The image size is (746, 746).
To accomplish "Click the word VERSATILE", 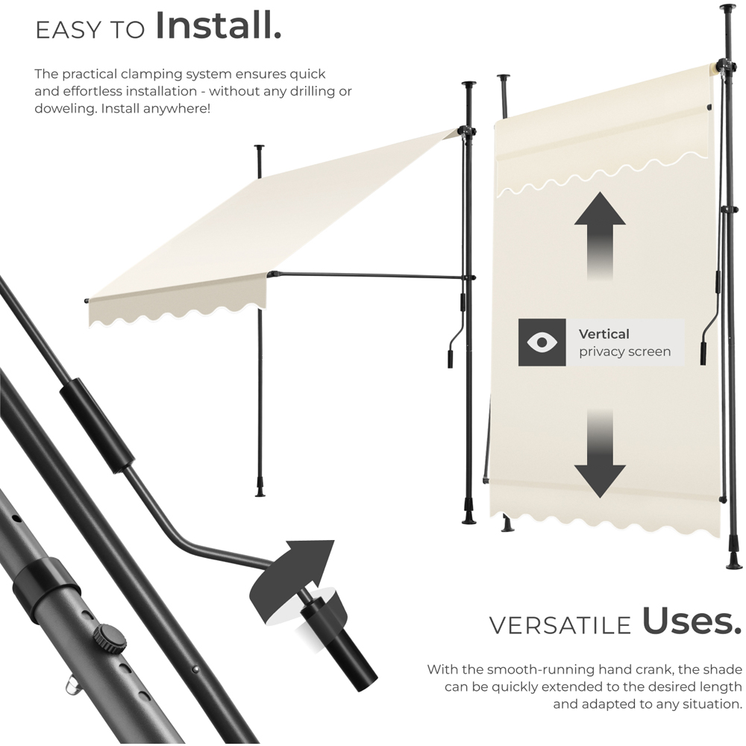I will [x=559, y=625].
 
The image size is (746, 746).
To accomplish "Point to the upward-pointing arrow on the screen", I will [x=599, y=231].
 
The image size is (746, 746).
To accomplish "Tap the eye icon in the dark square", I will [x=542, y=342].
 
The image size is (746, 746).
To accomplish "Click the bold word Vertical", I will [x=604, y=333].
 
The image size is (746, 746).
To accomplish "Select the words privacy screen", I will [x=624, y=351].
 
